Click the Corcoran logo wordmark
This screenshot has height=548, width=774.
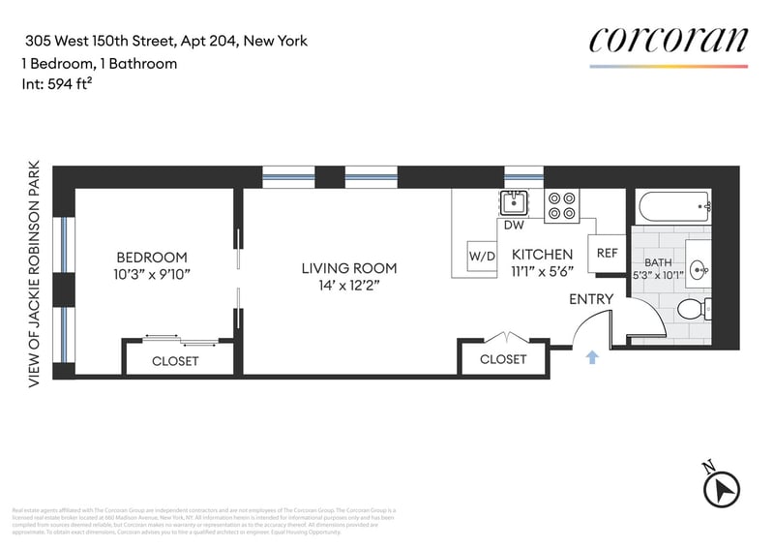coord(669,40)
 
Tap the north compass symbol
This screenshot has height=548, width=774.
coord(722,487)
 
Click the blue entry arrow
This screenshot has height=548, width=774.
coord(592,357)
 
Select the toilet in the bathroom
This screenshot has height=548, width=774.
coord(693,310)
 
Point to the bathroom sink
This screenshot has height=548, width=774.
coord(699,269)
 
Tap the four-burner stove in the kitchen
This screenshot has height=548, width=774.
coord(561,205)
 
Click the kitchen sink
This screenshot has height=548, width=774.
coord(513,202)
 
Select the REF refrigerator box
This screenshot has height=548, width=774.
coord(607,253)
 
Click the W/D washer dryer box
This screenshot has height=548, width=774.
coord(482,258)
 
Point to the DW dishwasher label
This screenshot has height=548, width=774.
coord(515,226)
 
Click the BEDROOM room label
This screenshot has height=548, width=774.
coord(151,258)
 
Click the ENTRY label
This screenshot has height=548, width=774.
coord(591,299)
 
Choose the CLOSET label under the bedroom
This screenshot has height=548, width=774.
coord(175,361)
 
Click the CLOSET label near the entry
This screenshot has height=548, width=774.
coord(503,359)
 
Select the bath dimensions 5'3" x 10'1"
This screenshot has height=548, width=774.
coord(659,275)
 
